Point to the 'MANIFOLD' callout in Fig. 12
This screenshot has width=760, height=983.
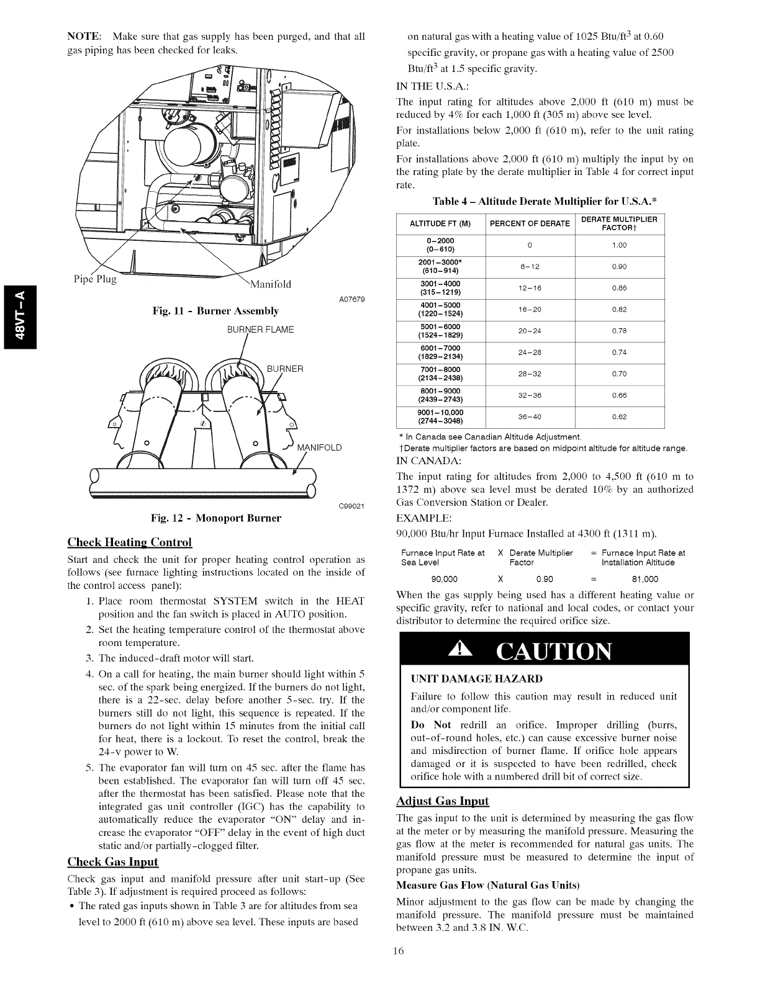[320, 449]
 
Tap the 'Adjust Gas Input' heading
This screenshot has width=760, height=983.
[443, 801]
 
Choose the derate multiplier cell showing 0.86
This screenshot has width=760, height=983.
[619, 288]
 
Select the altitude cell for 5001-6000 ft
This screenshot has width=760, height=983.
[441, 331]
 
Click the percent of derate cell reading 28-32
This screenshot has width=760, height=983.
[530, 374]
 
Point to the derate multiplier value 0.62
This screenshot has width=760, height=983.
[619, 417]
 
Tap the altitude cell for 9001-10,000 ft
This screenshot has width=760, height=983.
[441, 417]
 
